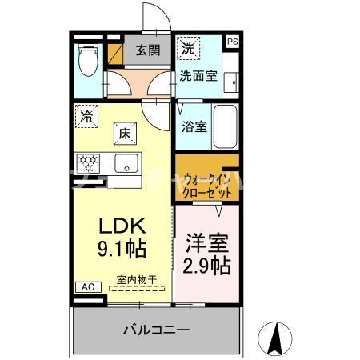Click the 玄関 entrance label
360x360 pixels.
pyautogui.click(x=147, y=50)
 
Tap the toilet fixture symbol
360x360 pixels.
pyautogui.click(x=86, y=58)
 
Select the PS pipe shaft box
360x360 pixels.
pyautogui.click(x=232, y=42)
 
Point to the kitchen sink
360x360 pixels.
pyautogui.click(x=126, y=164)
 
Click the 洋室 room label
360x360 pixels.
pyautogui.click(x=207, y=242)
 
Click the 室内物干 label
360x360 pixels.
pyautogui.click(x=137, y=278)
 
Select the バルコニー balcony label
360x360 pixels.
pyautogui.click(x=156, y=330)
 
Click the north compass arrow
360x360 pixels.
pyautogui.click(x=277, y=338)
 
